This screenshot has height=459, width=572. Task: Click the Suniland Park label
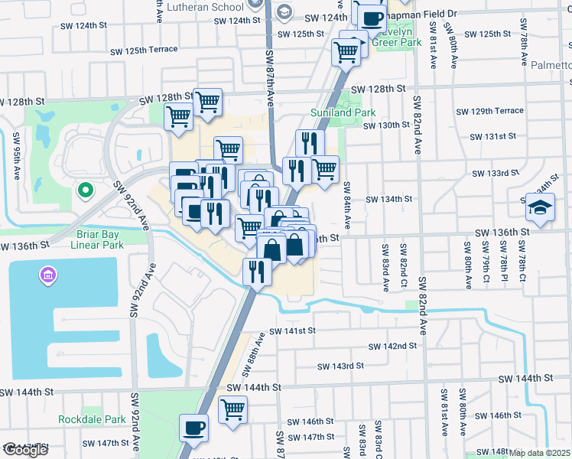coord(343,112)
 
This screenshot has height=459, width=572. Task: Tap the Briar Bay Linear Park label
coord(96,240)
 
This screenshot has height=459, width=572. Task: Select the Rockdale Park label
coord(92,419)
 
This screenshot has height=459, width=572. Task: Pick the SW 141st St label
coord(292,330)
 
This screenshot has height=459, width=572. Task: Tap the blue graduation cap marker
coord(539,207)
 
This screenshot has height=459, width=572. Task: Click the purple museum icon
coord(47,274)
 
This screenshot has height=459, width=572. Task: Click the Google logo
coord(25,450)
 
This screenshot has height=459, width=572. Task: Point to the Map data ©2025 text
coord(539,453)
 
